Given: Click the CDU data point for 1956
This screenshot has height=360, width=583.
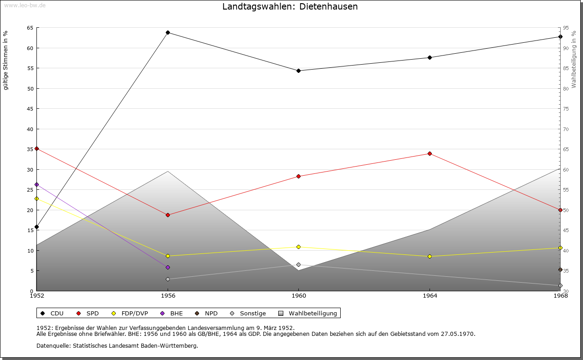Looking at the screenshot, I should tap(168, 32).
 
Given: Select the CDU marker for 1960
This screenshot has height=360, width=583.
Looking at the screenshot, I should tap(299, 71).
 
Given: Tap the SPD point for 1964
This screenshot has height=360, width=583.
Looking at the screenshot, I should tap(430, 153).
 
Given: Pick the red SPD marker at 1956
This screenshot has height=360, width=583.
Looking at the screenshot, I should tap(168, 215).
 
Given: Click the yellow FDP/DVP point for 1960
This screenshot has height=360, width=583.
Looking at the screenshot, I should tap(299, 247).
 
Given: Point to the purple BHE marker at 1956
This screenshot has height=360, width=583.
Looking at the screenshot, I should tap(168, 267).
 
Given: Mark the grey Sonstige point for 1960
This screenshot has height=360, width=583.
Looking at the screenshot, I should tap(299, 264).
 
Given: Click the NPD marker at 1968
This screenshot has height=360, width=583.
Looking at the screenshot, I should tap(560, 269).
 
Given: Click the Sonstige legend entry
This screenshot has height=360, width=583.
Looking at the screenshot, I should tap(248, 313).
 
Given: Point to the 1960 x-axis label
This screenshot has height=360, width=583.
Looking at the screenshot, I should tap(299, 296).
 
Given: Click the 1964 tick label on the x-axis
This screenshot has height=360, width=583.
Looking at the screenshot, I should tap(430, 296).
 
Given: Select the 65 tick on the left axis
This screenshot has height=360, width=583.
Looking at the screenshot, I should tap(30, 28).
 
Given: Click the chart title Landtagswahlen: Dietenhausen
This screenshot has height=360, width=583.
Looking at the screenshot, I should tap(290, 6).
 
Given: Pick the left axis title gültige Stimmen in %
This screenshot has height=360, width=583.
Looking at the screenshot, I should tap(6, 60).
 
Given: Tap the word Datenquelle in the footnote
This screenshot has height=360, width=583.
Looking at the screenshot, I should tap(51, 345).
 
